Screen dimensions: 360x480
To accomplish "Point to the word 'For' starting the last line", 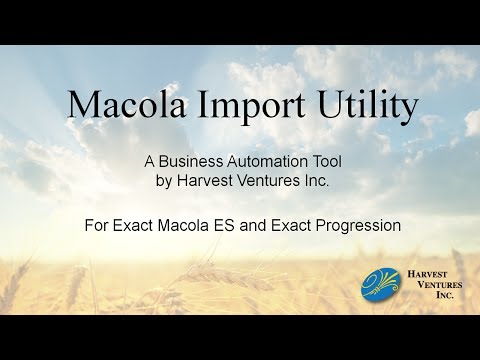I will (96, 226).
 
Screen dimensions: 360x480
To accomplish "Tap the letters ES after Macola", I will (227, 226).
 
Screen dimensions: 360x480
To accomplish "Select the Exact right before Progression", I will (293, 226).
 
